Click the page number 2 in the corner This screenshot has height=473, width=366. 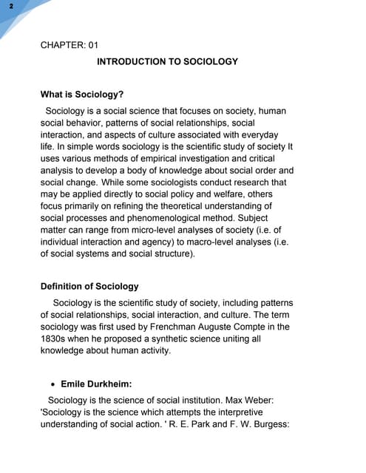click(11, 7)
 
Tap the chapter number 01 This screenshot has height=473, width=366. click(92, 44)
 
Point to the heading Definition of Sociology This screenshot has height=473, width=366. click(89, 286)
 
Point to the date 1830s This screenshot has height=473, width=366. click(54, 338)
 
